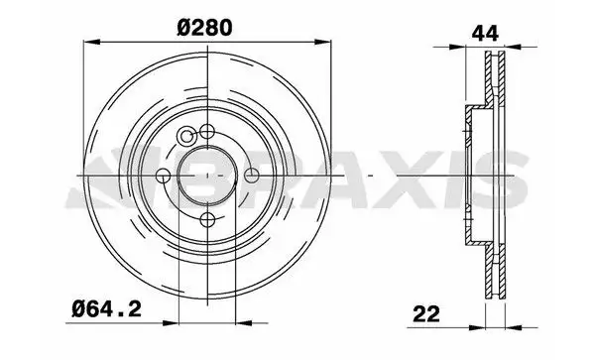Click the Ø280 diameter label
[x=204, y=28]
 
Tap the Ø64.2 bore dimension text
[x=107, y=309]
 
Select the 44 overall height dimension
[x=485, y=34]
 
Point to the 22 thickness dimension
[x=426, y=314]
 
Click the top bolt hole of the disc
[x=207, y=132]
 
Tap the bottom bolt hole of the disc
[x=207, y=219]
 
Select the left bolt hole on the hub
[x=164, y=176]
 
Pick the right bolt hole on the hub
[x=251, y=176]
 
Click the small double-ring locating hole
[x=186, y=136]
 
